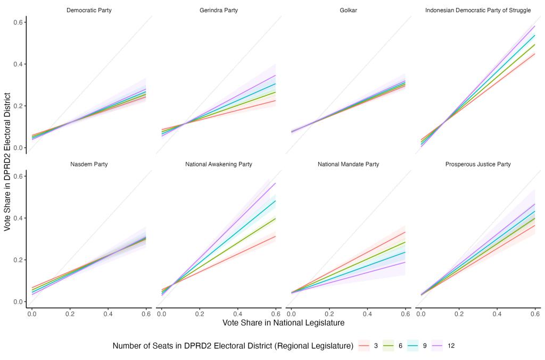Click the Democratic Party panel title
pos(89,10)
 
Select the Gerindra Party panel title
pos(219,10)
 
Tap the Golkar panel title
pos(348,10)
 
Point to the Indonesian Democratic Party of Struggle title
pos(478,10)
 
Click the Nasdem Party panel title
pos(89,164)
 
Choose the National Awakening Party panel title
pos(219,164)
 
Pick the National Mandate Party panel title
pos(348,164)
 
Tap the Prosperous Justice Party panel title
pos(478,164)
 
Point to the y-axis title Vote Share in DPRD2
pos(7,160)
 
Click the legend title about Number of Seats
pos(233,346)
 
